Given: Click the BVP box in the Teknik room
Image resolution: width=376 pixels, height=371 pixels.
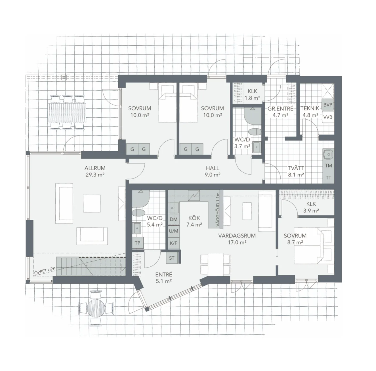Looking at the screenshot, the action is [327, 105].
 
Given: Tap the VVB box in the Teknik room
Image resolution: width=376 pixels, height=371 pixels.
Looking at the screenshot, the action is [327, 117].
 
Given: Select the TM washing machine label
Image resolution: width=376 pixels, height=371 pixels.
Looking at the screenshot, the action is [328, 166].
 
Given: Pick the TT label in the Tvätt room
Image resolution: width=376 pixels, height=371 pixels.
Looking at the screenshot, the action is [328, 178].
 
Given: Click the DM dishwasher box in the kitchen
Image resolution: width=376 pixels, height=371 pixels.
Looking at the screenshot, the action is [173, 219].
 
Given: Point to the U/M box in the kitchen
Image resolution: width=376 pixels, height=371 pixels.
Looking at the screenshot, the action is [173, 231].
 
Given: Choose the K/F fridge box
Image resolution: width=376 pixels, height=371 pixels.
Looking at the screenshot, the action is [173, 243].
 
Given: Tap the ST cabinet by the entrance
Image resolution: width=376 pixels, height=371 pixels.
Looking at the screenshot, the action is [172, 258].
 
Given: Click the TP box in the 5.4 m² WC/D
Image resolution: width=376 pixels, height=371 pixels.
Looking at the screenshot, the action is [138, 243].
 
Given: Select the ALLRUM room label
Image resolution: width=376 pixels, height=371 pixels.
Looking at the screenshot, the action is [95, 168].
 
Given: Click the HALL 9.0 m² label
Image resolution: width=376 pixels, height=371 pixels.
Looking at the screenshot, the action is [213, 171].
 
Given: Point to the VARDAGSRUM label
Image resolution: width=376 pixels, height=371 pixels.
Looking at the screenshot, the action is [237, 236].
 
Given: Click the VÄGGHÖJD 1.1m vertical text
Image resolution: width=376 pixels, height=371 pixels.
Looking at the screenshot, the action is [218, 209].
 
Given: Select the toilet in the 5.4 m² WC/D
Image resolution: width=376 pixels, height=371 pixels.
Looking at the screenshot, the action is [138, 213].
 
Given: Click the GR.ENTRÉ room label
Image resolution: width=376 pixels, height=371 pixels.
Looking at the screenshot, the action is [280, 108].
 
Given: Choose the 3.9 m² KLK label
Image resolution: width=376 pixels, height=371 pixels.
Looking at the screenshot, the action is [311, 207].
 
